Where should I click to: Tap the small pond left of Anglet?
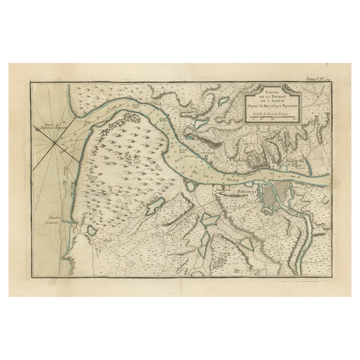(90, 231)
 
